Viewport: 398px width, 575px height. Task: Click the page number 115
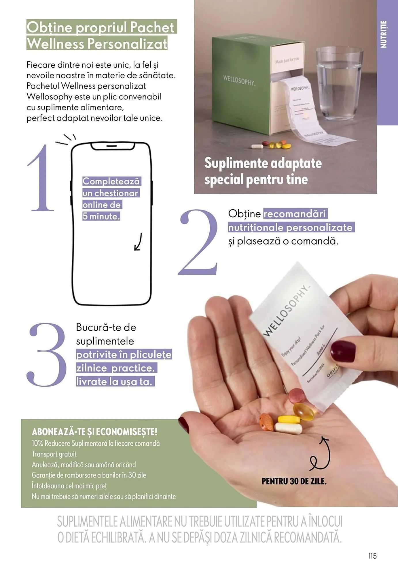coord(372,556)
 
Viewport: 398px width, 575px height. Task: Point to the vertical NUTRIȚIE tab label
coord(384,34)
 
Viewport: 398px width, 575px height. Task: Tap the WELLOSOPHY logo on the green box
coord(239,80)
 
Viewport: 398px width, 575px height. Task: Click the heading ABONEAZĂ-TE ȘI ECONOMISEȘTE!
coord(94,432)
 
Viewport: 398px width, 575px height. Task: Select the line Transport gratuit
coord(54,454)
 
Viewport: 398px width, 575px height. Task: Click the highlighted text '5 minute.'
coord(101,216)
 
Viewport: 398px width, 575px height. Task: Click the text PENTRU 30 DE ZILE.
coord(294,481)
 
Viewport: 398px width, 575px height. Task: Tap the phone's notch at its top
coord(113,146)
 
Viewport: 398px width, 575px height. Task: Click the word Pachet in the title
coord(152,27)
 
